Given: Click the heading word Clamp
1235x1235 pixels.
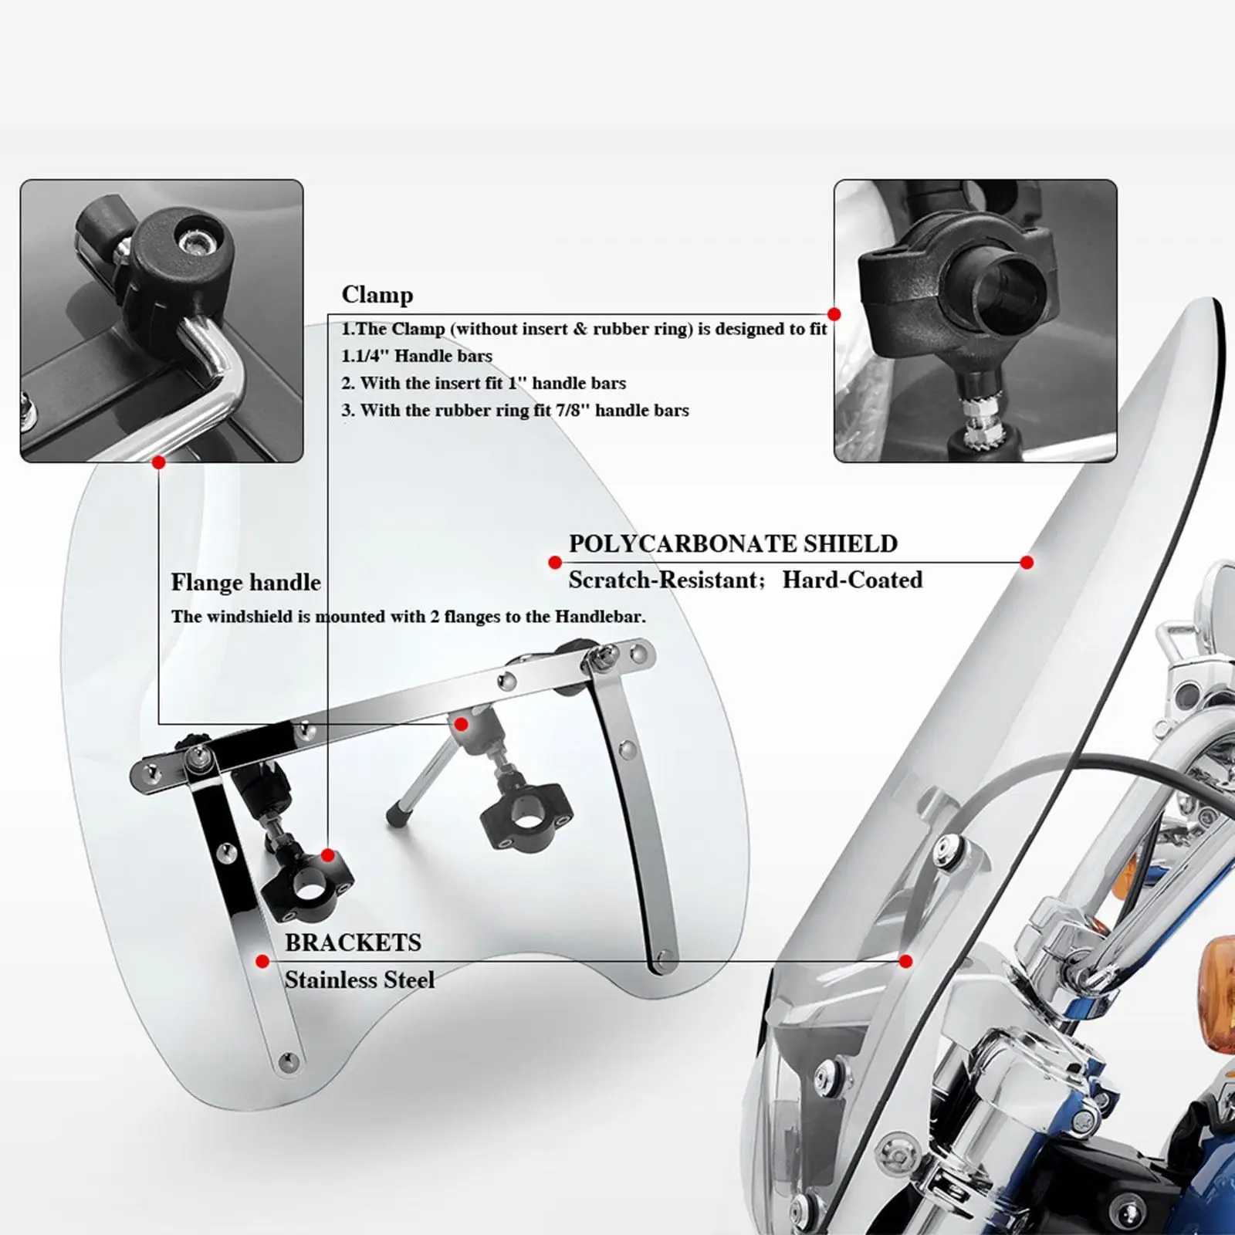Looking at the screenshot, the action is pos(377,296).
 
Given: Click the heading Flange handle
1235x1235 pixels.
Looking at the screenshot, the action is pos(246,582).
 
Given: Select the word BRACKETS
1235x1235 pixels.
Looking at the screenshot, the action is pos(353,942).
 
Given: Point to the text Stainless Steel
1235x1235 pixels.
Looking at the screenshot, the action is pos(360,980).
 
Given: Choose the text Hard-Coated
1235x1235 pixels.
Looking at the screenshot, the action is pos(852,580).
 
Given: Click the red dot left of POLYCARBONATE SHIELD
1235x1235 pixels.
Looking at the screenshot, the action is pos(555,563).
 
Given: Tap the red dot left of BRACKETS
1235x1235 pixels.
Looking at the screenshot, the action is pos(262,961).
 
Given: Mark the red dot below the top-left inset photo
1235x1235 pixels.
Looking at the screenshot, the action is pos(159,462).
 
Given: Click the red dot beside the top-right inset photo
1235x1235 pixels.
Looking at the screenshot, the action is pos(834,314).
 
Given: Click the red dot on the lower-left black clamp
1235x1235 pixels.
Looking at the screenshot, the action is pos(328,855).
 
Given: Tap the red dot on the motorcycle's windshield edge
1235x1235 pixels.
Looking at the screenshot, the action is pos(1027,563).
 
